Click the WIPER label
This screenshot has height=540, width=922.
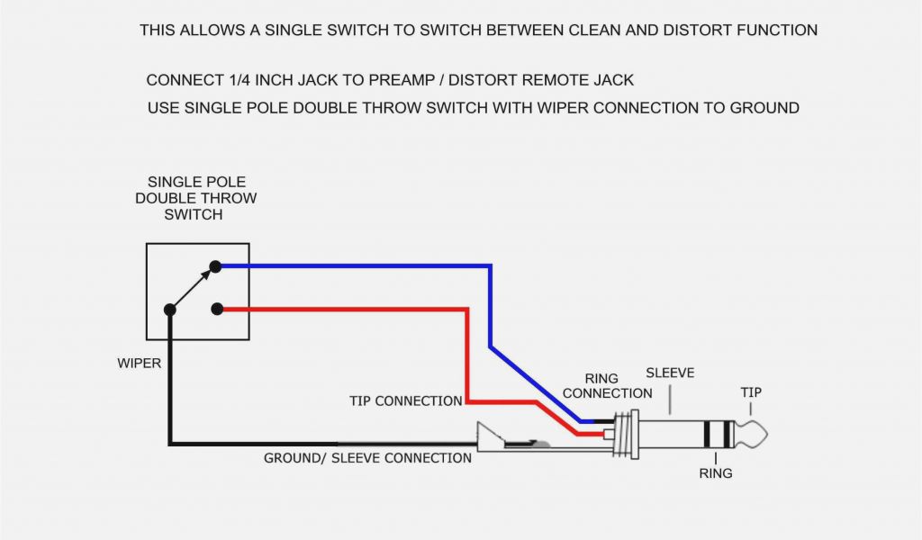point(140,364)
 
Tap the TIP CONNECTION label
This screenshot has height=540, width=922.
point(405,400)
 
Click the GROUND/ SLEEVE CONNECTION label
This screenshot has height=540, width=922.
point(367,458)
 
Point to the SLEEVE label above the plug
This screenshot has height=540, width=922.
point(670,373)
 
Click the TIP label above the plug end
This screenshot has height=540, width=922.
point(751,392)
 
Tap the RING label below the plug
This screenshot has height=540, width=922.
point(716,472)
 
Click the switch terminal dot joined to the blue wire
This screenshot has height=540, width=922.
point(215,266)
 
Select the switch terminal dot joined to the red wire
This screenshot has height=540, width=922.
point(216,310)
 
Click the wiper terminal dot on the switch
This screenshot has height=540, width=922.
point(169,310)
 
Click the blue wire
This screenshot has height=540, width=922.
point(360,266)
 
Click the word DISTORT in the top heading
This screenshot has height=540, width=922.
point(684,30)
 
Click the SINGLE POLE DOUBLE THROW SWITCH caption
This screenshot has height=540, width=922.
point(195,198)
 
